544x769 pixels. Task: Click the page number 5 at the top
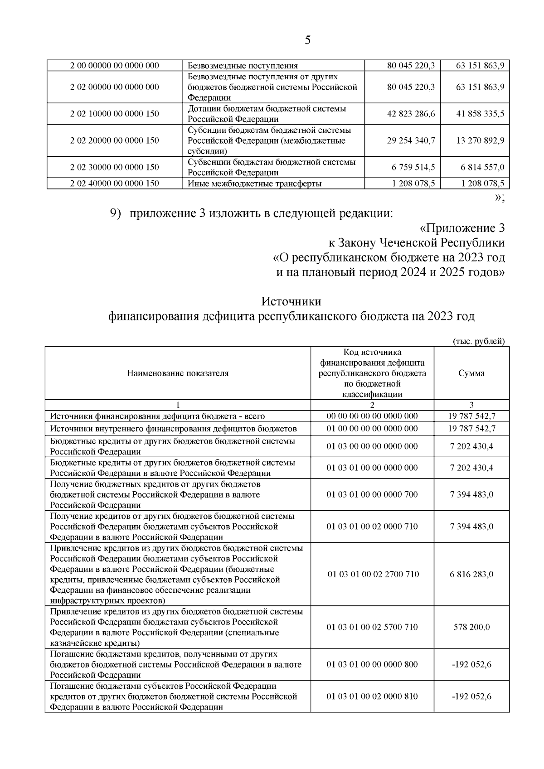pyautogui.click(x=308, y=40)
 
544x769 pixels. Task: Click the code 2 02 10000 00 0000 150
pyautogui.click(x=115, y=114)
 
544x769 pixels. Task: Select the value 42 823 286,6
pyautogui.click(x=411, y=114)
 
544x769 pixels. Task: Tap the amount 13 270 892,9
pyautogui.click(x=480, y=140)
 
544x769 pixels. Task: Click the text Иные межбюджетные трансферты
pyautogui.click(x=255, y=184)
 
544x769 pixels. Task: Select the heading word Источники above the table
pyautogui.click(x=291, y=301)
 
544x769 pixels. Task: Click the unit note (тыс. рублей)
pyautogui.click(x=479, y=341)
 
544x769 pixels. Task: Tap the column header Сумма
pyautogui.click(x=471, y=373)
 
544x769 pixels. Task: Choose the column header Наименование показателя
pyautogui.click(x=178, y=373)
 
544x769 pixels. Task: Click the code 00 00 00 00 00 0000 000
pyautogui.click(x=372, y=416)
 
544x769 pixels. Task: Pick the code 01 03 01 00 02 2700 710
pyautogui.click(x=373, y=574)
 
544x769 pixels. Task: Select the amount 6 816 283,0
pyautogui.click(x=471, y=574)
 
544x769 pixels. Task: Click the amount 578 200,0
pyautogui.click(x=471, y=627)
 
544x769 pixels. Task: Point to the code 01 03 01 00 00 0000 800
pyautogui.click(x=372, y=664)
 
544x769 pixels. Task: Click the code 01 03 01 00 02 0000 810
pyautogui.click(x=372, y=696)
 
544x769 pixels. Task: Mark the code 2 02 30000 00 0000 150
pyautogui.click(x=115, y=167)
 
